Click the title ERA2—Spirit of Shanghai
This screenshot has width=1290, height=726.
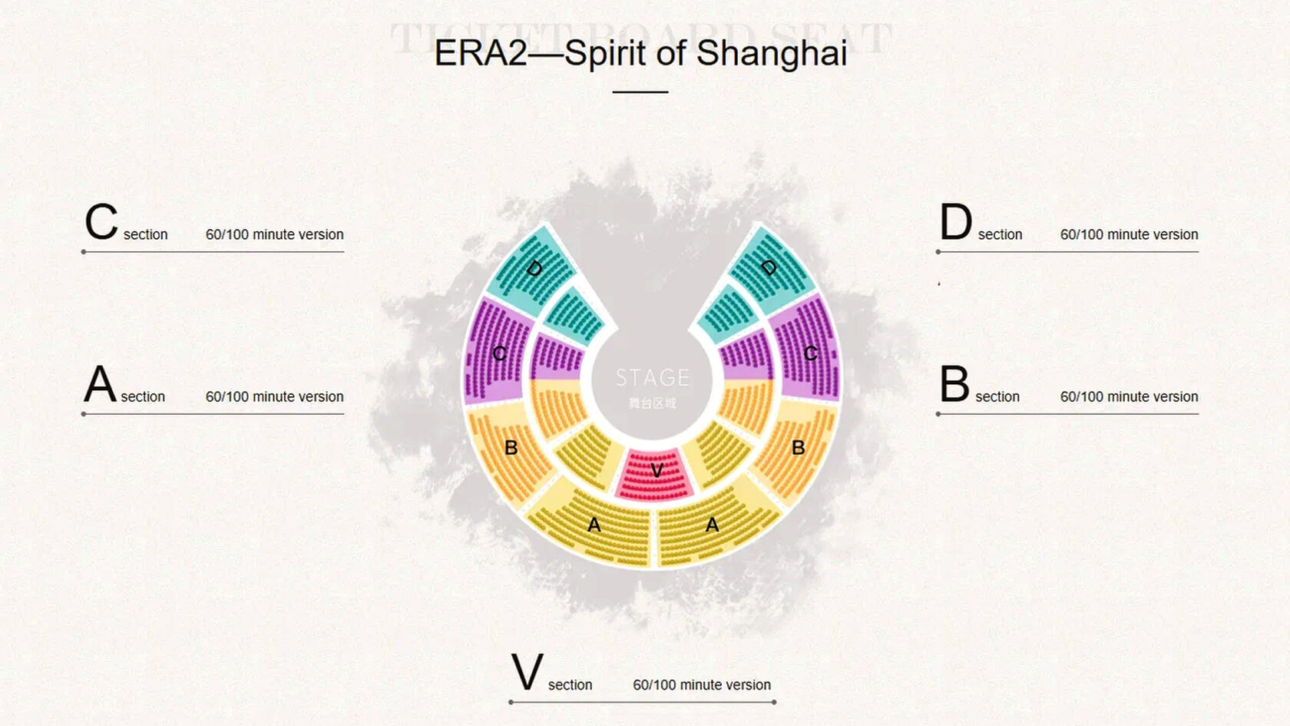pyautogui.click(x=640, y=53)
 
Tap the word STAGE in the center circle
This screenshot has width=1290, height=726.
pyautogui.click(x=653, y=377)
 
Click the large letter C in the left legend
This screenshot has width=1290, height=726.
pyautogui.click(x=101, y=222)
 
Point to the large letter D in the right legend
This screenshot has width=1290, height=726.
pyautogui.click(x=956, y=222)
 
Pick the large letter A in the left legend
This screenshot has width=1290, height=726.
pyautogui.click(x=100, y=384)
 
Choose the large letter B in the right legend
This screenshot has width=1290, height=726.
pyautogui.click(x=954, y=384)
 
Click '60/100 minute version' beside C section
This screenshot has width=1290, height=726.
pyautogui.click(x=274, y=234)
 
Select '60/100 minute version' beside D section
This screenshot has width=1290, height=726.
pyautogui.click(x=1129, y=234)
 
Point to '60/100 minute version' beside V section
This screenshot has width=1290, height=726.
pyautogui.click(x=702, y=685)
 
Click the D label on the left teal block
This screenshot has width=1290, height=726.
pyautogui.click(x=534, y=268)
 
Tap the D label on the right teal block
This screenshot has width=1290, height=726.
pyautogui.click(x=769, y=267)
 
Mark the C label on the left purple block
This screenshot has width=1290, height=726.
pyautogui.click(x=499, y=353)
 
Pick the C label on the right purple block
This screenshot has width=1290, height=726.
pyautogui.click(x=810, y=353)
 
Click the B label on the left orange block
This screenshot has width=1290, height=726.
pyautogui.click(x=511, y=447)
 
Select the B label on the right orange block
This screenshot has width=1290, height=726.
pyautogui.click(x=798, y=447)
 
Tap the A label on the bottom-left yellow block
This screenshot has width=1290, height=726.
pyautogui.click(x=594, y=525)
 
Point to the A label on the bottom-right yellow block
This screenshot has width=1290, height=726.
pyautogui.click(x=712, y=525)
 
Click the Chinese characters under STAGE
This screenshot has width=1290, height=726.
pyautogui.click(x=652, y=403)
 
